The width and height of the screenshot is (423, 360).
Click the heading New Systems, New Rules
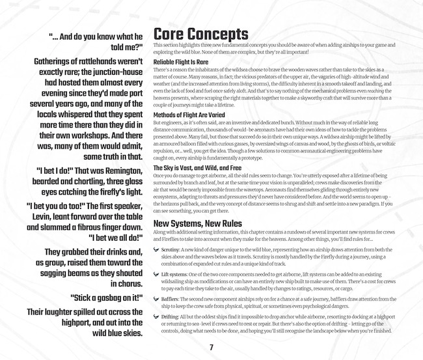tap(197, 223)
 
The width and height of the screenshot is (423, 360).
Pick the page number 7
tap(211, 346)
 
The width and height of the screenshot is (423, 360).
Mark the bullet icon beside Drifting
tap(156, 316)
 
